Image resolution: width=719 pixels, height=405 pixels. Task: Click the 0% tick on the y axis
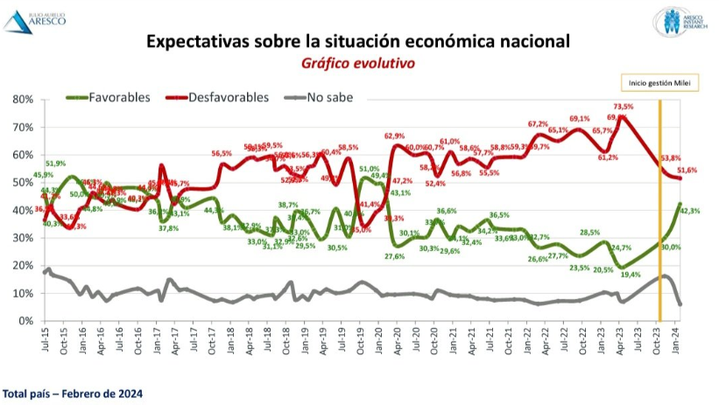[24, 321]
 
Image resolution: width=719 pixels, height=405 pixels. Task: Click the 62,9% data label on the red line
[394, 136]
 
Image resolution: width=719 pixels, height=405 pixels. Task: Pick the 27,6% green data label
[395, 257]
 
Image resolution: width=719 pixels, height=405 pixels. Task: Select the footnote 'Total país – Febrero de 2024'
[67, 392]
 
